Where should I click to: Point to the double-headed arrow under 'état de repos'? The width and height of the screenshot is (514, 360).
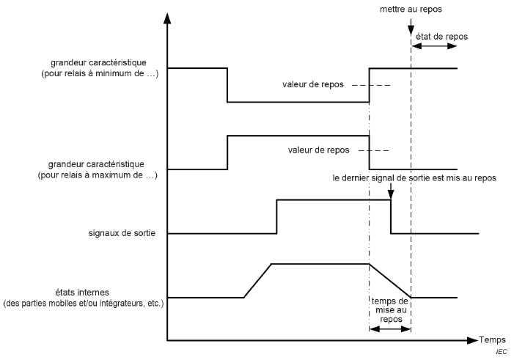pyautogui.click(x=434, y=45)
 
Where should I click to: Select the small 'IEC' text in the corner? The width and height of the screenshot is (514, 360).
pyautogui.click(x=502, y=353)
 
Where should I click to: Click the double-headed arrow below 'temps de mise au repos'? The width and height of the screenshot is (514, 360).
pyautogui.click(x=389, y=328)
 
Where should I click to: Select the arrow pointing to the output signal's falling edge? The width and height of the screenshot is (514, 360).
pyautogui.click(x=391, y=191)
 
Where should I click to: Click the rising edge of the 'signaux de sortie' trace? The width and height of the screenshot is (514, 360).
pyautogui.click(x=276, y=216)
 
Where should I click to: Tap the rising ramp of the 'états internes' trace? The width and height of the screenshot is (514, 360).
pyautogui.click(x=257, y=280)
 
